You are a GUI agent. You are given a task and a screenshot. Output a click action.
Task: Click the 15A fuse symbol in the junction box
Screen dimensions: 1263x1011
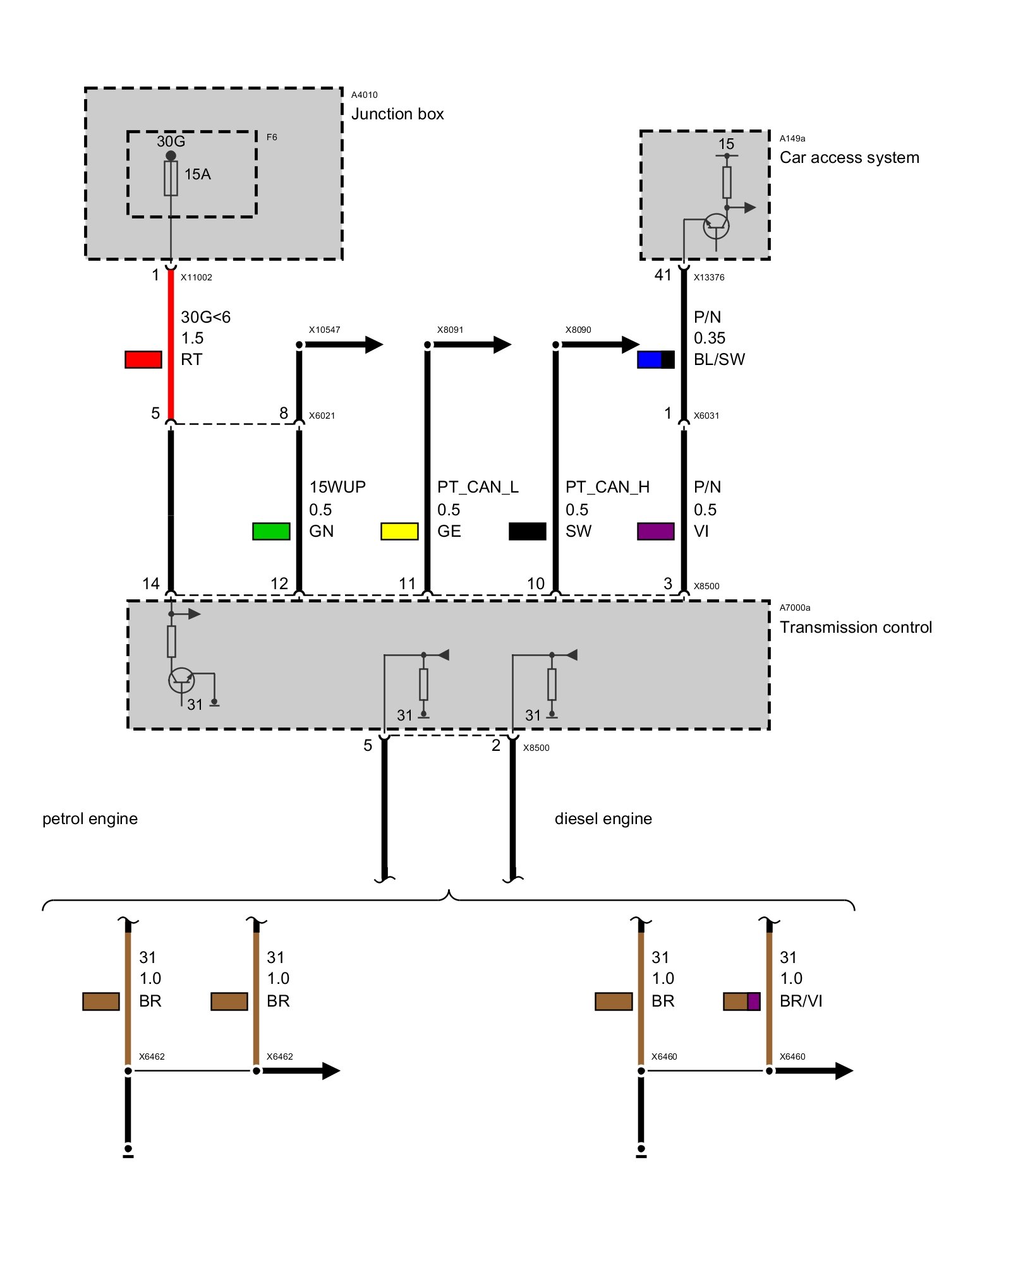pos(171,178)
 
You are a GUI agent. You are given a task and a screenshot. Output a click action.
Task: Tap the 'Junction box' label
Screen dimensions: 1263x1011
pos(397,114)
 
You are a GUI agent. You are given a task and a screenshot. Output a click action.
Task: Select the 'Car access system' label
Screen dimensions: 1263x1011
pos(849,158)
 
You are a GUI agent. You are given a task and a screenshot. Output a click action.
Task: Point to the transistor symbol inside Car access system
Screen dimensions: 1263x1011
pos(716,226)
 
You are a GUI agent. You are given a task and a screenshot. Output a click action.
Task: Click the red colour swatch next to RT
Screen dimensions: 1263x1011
pos(143,359)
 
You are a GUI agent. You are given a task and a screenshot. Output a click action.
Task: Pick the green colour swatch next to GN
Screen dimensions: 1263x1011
pos(271,531)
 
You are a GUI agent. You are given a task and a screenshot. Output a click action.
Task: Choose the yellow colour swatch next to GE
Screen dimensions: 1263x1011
pos(399,531)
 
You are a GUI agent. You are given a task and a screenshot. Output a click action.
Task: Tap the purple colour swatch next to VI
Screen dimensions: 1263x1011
pos(655,531)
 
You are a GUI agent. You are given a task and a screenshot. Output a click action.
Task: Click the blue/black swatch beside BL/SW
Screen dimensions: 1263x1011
pos(655,359)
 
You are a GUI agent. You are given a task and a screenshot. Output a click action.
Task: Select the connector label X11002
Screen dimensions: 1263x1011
pos(197,277)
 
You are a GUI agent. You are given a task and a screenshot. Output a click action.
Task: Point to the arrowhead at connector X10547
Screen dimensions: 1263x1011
pos(373,344)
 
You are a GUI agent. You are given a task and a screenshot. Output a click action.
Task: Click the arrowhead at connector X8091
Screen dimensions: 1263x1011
pos(502,344)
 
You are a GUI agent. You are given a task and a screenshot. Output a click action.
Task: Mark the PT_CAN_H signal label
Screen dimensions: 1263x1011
pos(607,487)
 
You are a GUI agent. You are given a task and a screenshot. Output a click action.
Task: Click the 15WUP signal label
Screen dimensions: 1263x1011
pos(337,487)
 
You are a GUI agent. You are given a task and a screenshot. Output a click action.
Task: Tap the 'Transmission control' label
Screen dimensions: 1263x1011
pos(856,627)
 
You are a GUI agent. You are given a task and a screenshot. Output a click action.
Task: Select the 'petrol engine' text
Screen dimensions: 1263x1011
pos(90,818)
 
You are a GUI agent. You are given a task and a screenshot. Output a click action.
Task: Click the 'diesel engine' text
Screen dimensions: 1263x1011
pos(603,818)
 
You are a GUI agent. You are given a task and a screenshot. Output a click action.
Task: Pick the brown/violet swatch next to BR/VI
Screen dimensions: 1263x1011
pos(741,1001)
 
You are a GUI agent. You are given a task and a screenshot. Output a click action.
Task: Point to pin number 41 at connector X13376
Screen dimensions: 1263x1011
pos(663,275)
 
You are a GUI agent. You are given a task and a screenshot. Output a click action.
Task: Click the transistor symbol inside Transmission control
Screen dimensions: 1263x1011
pos(181,679)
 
